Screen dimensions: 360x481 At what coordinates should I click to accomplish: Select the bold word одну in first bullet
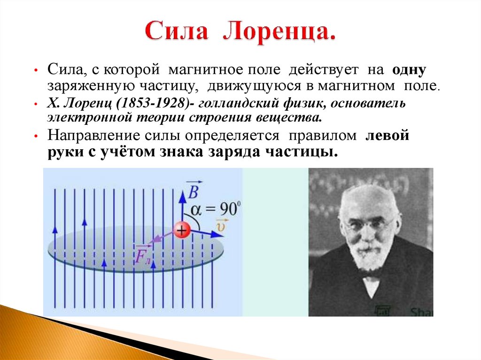click(406, 70)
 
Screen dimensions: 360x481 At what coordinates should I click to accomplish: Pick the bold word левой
click(388, 136)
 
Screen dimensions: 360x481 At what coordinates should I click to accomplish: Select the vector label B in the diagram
click(193, 190)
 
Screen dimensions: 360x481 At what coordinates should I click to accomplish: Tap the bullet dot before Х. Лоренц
click(36, 103)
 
